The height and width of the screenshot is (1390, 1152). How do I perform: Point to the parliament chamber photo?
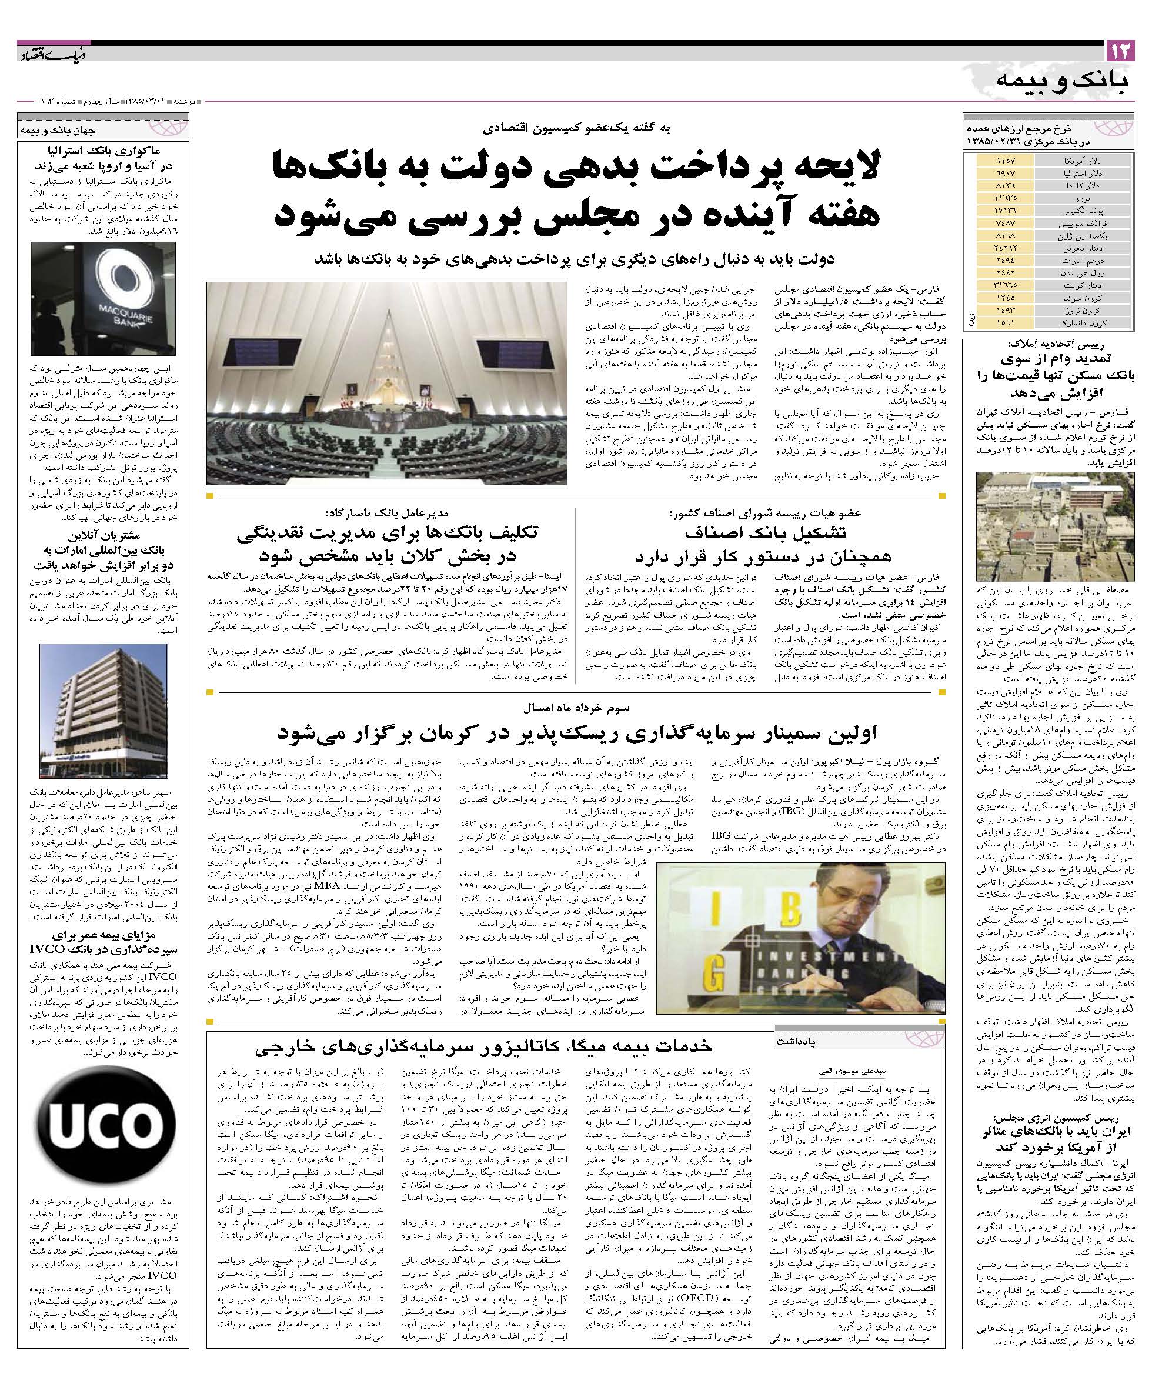click(x=386, y=384)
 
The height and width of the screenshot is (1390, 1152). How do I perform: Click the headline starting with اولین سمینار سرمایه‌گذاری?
click(x=576, y=733)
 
